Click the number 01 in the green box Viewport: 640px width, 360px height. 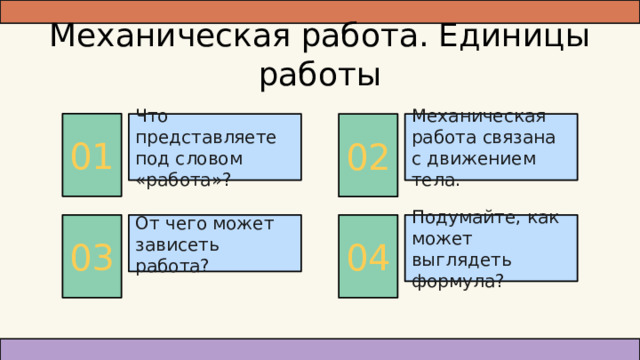(x=91, y=157)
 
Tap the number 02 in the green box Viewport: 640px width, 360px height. (x=367, y=157)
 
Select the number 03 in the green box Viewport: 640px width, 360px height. (x=91, y=257)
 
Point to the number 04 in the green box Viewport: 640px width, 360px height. (x=367, y=257)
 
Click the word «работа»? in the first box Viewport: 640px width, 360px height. (x=183, y=180)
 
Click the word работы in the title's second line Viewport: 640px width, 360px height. (x=319, y=75)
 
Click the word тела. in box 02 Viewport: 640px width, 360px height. (x=436, y=180)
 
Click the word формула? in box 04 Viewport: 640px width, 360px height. (x=457, y=281)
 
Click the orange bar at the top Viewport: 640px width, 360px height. (x=319, y=11)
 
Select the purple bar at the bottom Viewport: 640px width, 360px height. (x=319, y=348)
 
